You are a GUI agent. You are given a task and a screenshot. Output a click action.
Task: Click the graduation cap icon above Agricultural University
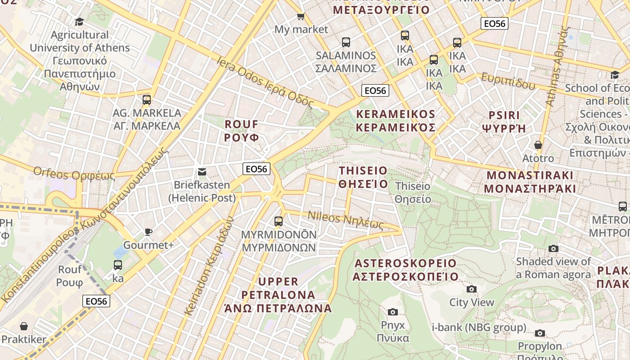(79, 22)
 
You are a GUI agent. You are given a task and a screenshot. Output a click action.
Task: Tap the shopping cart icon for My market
(301, 17)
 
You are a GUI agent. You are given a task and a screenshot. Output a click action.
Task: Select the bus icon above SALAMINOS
(346, 42)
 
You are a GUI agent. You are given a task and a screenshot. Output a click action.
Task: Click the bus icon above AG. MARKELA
(147, 100)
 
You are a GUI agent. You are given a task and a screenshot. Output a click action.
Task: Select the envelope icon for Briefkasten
(202, 172)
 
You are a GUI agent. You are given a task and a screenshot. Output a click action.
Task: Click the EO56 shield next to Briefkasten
(256, 169)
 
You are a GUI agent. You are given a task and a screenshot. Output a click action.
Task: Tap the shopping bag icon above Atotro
(538, 145)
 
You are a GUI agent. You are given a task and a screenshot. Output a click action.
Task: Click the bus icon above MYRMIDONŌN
(279, 221)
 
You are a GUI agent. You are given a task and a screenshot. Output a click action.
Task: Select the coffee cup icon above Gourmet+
(148, 232)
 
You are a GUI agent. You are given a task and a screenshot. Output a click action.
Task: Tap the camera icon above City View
(472, 289)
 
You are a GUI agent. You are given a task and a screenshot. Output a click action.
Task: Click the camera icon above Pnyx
(393, 312)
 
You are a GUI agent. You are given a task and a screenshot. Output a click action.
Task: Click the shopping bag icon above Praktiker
(23, 326)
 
